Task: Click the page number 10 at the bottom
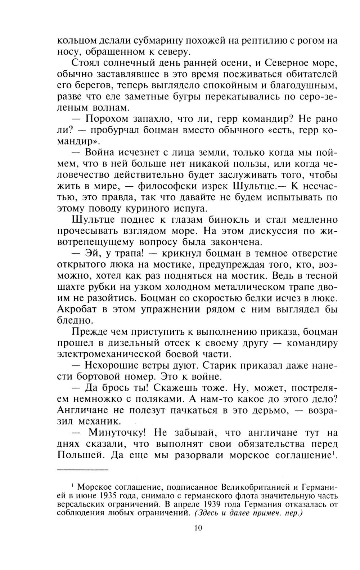[198, 527]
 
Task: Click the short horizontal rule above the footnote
[82, 470]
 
